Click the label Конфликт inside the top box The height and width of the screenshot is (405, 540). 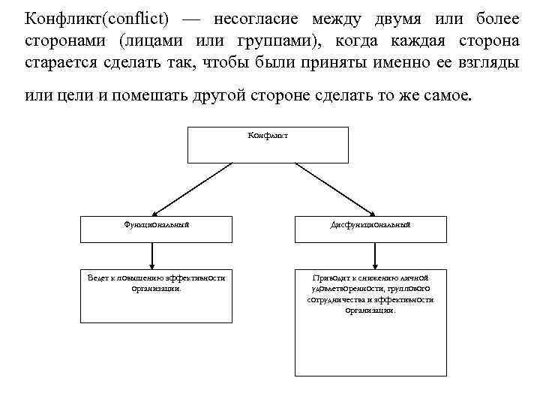[x=268, y=136]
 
